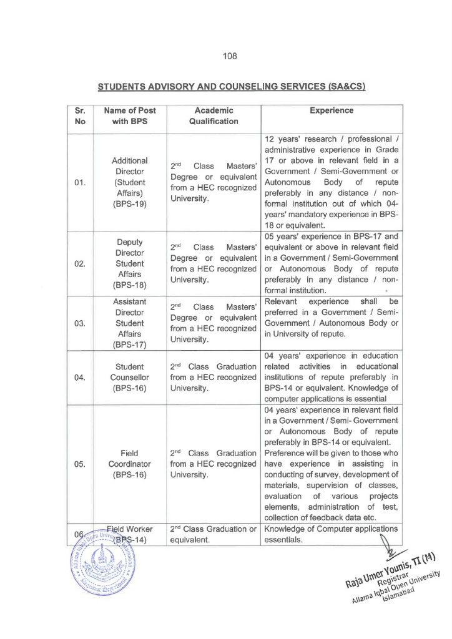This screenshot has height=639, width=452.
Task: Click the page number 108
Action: pos(229,56)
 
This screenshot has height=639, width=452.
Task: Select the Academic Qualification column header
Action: pos(214,116)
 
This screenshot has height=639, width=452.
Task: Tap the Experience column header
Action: pos(331,110)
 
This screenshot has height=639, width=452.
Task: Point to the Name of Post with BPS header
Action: pos(130,116)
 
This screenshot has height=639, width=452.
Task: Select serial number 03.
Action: pos(79,323)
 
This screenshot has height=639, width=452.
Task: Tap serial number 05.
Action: pos(79,464)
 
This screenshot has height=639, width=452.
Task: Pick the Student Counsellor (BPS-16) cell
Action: pos(130,378)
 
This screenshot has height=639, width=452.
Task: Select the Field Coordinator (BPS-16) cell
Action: pos(130,464)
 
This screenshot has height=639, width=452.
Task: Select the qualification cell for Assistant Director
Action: pos(214,323)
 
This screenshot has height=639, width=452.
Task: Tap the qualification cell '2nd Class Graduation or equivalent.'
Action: pos(214,535)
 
